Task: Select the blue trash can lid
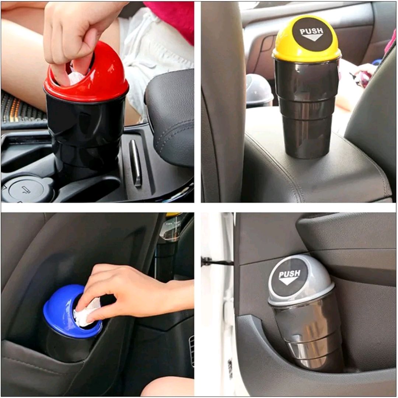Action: coord(59,313)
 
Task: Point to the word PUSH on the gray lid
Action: coord(290,274)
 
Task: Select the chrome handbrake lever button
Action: coord(135,162)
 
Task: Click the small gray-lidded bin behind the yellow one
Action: coord(259,90)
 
